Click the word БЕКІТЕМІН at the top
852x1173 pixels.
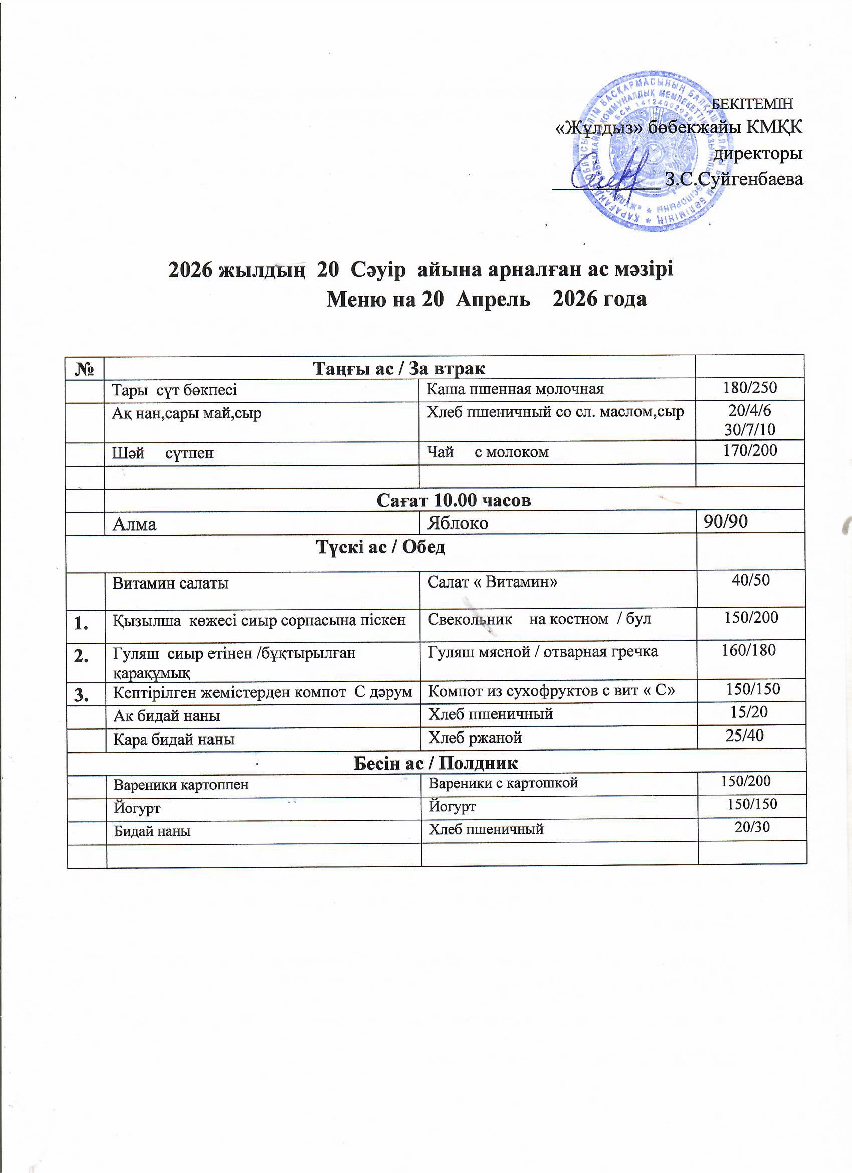click(752, 104)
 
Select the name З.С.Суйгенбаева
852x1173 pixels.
click(734, 179)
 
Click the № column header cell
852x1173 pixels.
click(85, 368)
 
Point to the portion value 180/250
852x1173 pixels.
click(750, 387)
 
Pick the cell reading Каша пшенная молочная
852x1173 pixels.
click(515, 389)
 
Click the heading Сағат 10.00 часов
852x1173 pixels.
click(454, 500)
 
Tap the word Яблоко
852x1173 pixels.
click(458, 523)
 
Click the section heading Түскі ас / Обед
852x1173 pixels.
click(381, 547)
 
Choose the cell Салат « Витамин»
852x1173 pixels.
click(492, 582)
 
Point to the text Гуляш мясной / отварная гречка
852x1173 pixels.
click(542, 652)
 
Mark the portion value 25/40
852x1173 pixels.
click(745, 736)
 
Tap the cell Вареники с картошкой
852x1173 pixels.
click(503, 783)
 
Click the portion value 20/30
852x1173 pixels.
click(752, 827)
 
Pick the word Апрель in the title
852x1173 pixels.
click(492, 300)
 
